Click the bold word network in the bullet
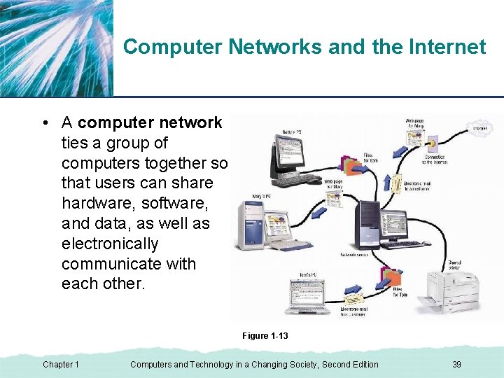(x=190, y=122)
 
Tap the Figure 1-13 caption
(x=265, y=336)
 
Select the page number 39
(x=456, y=364)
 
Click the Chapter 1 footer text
(x=61, y=364)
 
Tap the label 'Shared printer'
(x=454, y=265)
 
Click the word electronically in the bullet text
(x=110, y=244)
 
